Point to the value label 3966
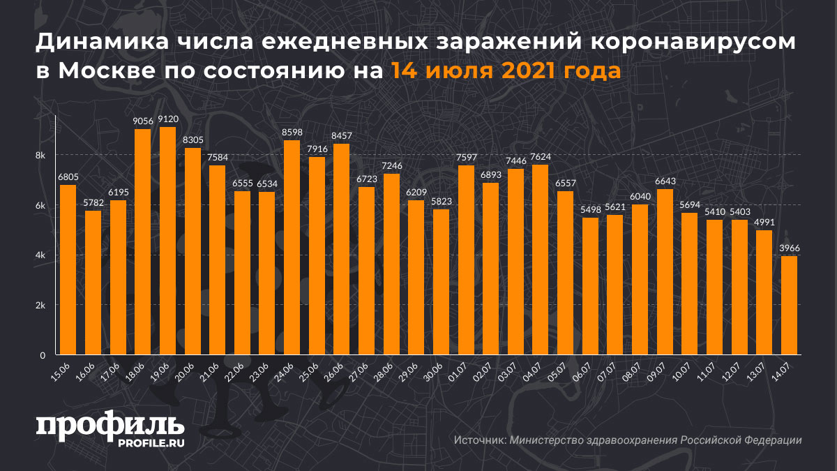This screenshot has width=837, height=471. click(790, 248)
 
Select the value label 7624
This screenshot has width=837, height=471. click(540, 157)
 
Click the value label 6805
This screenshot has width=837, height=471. click(68, 177)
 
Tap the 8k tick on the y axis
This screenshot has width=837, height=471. click(40, 155)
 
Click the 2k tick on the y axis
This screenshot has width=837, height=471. click(40, 306)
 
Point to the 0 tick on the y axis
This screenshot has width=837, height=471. click(43, 355)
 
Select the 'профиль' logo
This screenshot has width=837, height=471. click(110, 425)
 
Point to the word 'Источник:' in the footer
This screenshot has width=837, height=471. click(479, 440)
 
